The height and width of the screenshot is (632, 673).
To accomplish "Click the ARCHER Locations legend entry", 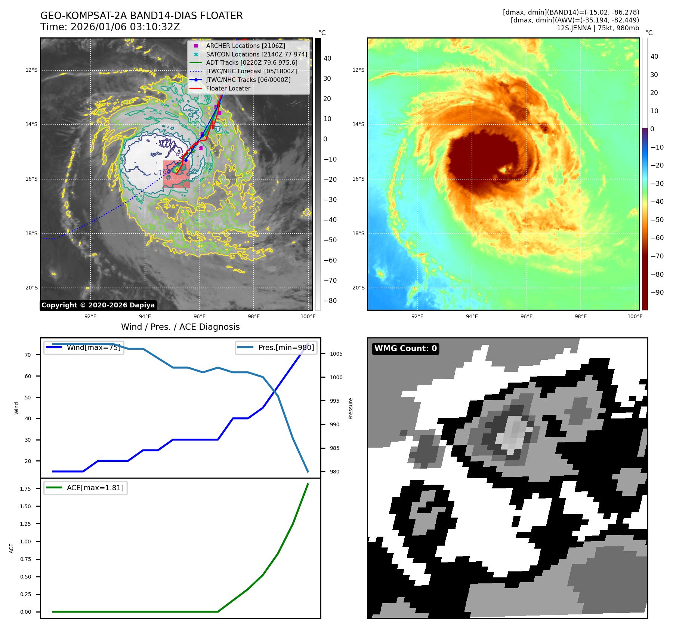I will [x=245, y=46].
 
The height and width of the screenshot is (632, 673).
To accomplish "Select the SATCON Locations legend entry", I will [x=256, y=54].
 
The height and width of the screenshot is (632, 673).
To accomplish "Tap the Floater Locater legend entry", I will [x=228, y=88].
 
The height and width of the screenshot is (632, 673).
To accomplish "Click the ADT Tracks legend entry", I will [x=251, y=63].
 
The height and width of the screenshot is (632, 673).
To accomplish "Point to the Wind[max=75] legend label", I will [x=93, y=347].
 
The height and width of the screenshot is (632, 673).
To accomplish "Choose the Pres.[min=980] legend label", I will [x=286, y=347].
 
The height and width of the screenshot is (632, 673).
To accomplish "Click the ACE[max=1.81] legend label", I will [x=95, y=488].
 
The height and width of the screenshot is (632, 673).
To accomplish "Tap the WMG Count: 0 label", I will [x=405, y=349].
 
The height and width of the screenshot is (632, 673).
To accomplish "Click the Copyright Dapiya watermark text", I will [x=98, y=305].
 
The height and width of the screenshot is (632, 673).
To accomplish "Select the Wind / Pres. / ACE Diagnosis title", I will [x=180, y=327].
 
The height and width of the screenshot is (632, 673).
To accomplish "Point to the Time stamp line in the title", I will [x=110, y=27].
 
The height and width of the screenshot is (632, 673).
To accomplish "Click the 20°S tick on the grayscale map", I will [x=31, y=288].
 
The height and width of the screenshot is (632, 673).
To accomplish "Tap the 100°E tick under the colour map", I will [x=635, y=316].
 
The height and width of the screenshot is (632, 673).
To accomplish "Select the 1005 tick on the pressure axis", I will [x=336, y=354].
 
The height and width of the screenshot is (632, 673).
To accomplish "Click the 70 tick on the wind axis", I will [x=28, y=355].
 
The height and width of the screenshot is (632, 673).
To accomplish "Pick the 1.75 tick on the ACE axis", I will [x=25, y=489].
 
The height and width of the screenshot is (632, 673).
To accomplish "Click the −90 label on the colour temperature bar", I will [x=657, y=292].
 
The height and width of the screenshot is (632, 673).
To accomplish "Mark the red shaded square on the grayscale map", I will [x=176, y=174].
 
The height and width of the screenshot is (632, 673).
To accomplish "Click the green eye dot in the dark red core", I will [x=504, y=170].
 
